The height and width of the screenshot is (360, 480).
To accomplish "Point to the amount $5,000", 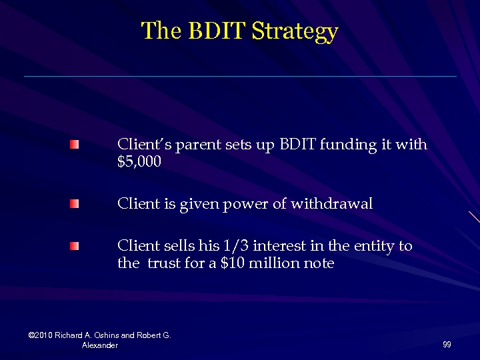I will point(139,161).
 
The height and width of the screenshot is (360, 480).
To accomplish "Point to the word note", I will point(319,263).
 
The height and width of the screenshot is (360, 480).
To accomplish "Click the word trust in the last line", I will point(165,263).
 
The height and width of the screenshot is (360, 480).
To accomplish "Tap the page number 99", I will point(447,344).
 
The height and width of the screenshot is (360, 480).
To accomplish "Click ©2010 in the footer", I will point(41,335).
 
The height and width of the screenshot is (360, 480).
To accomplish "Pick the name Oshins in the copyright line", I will point(108,335).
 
